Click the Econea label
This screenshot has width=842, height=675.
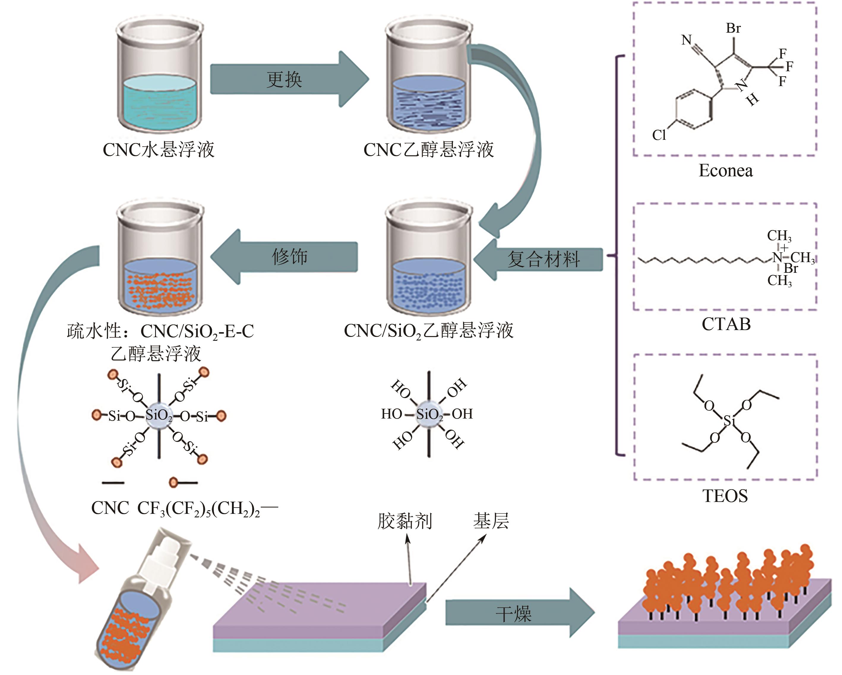click(725, 171)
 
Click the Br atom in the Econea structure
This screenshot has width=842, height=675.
click(733, 28)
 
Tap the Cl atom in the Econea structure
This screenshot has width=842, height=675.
click(659, 135)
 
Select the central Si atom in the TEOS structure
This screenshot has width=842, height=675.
click(729, 420)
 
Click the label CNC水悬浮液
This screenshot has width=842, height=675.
click(158, 150)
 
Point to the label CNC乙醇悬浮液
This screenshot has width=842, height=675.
click(428, 150)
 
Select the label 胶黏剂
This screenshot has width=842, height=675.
click(405, 521)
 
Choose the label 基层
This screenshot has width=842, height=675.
click(491, 521)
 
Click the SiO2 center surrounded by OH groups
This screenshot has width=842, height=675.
click(429, 414)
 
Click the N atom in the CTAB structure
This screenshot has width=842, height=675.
click(777, 258)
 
